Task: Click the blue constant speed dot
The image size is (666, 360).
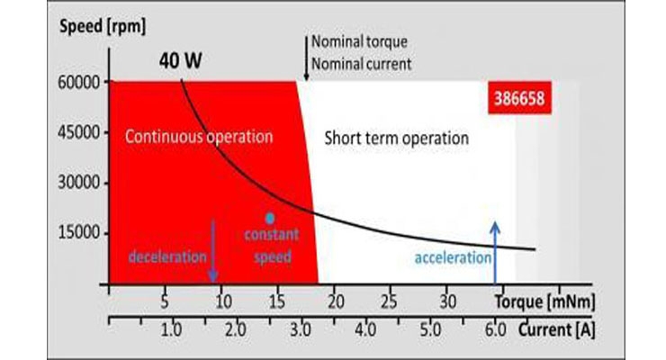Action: (x=268, y=217)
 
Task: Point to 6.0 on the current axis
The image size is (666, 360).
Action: (x=494, y=329)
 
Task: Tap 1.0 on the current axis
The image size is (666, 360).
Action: (x=170, y=329)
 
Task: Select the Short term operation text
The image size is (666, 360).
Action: (x=397, y=139)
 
